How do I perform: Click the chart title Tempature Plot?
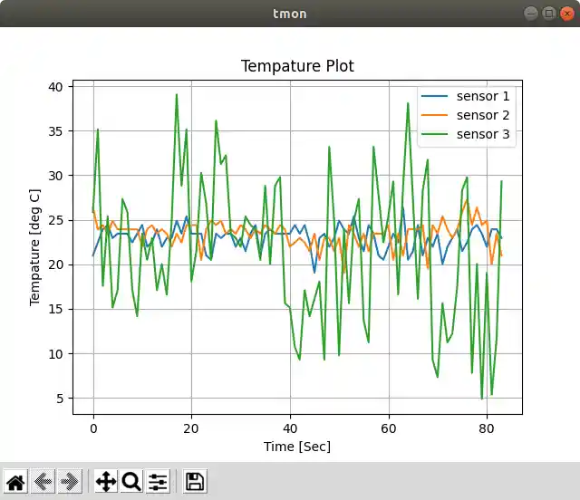click(x=297, y=66)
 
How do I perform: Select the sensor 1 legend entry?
click(x=483, y=96)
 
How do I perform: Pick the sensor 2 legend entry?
click(x=483, y=115)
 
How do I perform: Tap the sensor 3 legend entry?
click(x=483, y=135)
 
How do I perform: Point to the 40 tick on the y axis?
click(x=59, y=87)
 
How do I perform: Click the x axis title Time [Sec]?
click(x=297, y=446)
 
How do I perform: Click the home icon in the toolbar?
click(x=15, y=481)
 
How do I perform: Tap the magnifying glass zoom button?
click(x=131, y=481)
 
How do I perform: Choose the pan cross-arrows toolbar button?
click(x=106, y=481)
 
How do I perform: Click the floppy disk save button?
click(x=195, y=481)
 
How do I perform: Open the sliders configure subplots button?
click(x=158, y=481)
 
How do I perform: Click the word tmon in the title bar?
click(x=290, y=14)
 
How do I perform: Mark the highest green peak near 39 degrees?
click(x=177, y=94)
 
